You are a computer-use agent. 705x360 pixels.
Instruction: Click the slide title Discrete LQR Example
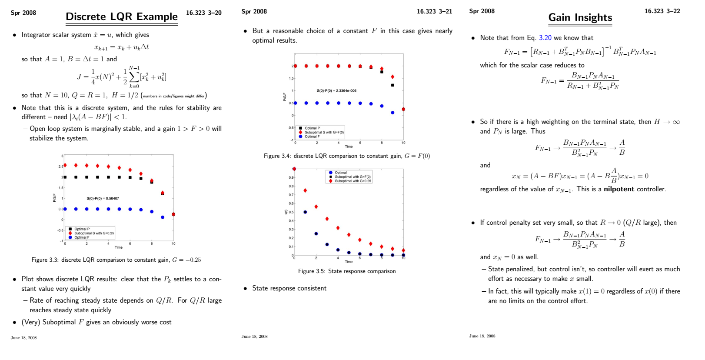tap(122, 17)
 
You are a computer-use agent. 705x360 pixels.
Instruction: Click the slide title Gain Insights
tap(580, 17)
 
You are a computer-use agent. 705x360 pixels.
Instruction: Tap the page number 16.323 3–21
tap(434, 12)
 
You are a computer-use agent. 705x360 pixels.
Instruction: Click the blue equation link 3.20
tap(545, 38)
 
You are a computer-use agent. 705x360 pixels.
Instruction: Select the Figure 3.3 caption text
tap(116, 260)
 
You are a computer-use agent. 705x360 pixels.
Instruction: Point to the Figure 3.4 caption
tap(346, 156)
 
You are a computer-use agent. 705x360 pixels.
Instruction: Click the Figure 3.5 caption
tap(347, 271)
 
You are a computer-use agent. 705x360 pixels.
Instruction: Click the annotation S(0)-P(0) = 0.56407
tap(103, 198)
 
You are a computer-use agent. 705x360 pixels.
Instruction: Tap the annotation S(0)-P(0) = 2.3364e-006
tap(336, 91)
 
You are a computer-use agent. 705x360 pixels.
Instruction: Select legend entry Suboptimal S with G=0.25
tap(94, 233)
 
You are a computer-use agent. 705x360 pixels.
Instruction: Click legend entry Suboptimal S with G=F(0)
tap(324, 132)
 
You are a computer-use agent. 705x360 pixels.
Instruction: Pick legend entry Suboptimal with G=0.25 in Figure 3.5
tap(352, 181)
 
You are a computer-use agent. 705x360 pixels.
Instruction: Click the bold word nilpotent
tap(619, 189)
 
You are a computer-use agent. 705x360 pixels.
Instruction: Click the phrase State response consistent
tap(289, 288)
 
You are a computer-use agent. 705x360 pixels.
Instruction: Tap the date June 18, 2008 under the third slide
tap(482, 336)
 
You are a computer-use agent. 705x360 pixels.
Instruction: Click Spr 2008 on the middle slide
tap(254, 12)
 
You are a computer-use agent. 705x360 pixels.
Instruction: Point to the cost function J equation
tap(122, 77)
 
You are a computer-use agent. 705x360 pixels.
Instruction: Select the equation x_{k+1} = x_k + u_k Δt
tap(122, 47)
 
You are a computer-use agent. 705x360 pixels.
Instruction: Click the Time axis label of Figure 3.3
tap(119, 247)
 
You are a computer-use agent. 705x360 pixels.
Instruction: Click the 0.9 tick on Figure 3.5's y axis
tap(291, 177)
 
